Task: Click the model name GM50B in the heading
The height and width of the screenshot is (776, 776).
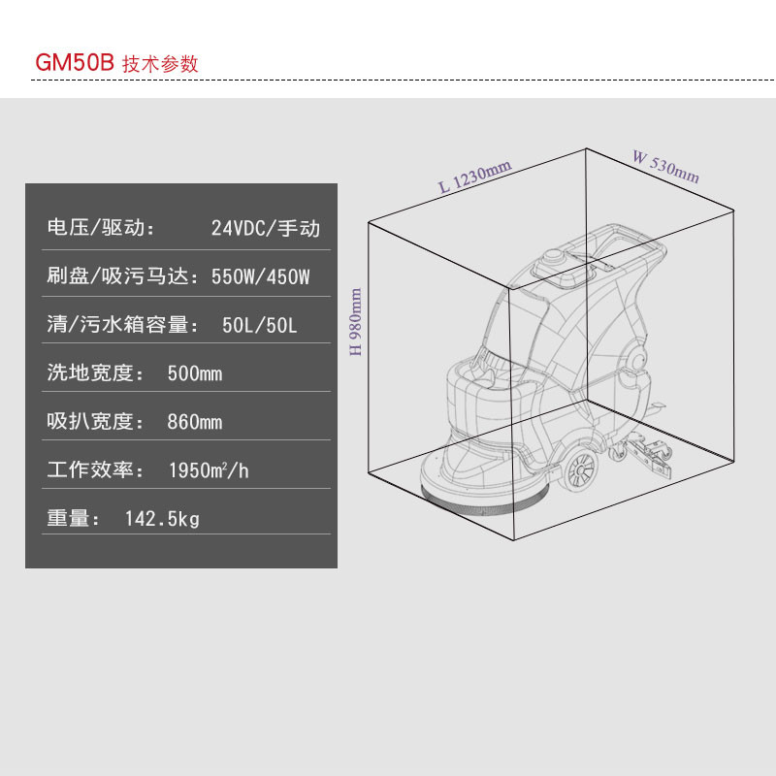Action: coord(75,63)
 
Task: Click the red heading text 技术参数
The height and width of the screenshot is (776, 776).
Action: coord(160,64)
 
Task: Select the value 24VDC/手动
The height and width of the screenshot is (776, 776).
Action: coord(266,228)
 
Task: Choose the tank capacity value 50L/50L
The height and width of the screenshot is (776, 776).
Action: coord(259,325)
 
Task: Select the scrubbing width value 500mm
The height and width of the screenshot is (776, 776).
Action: coord(195,373)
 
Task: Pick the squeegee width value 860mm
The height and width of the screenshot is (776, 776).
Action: coord(195,422)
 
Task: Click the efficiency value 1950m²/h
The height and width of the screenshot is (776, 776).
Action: coord(209,470)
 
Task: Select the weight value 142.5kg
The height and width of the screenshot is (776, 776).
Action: coord(162,519)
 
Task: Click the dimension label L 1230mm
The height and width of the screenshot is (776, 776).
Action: coord(475,177)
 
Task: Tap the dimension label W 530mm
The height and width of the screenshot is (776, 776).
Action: coord(666,167)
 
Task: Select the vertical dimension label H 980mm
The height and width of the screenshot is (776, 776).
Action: coord(356,322)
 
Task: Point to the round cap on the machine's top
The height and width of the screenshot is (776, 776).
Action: coord(553,257)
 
